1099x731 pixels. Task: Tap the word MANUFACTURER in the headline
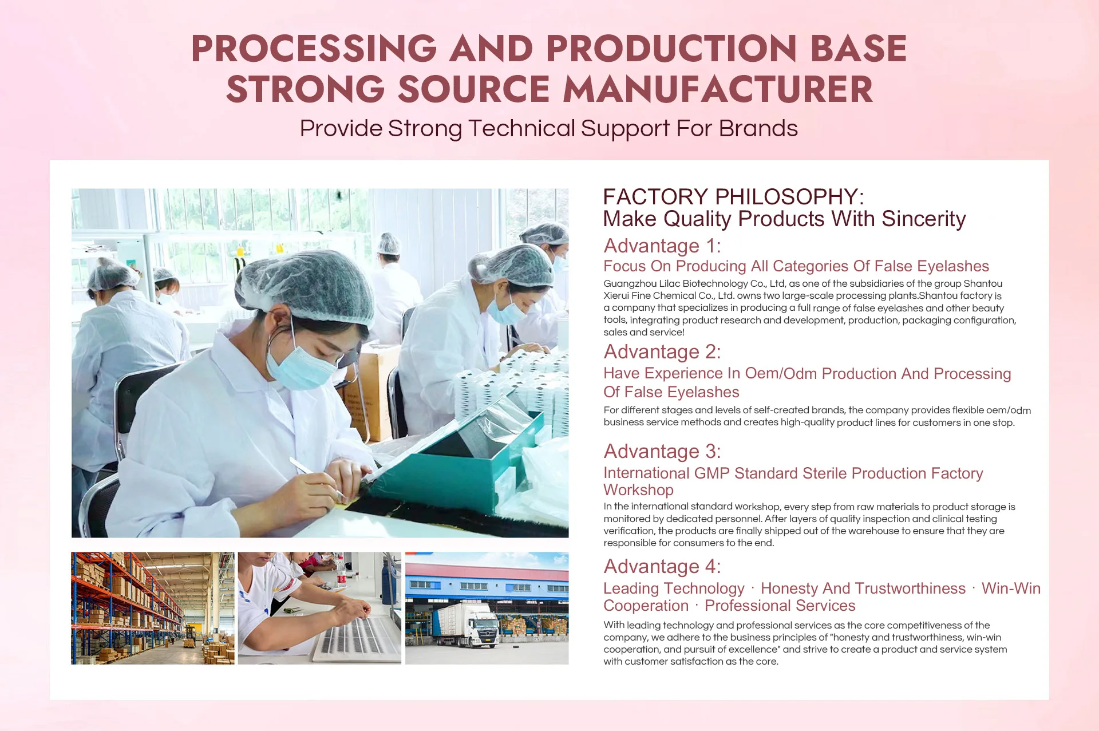(718, 89)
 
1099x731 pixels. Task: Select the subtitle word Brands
(758, 128)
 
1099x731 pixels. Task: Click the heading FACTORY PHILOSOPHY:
(733, 197)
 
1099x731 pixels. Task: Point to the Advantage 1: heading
(662, 246)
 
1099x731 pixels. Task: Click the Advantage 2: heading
(662, 351)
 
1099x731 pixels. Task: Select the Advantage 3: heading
(662, 451)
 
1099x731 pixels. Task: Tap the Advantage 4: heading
(662, 566)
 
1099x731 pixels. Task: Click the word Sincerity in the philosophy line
(923, 219)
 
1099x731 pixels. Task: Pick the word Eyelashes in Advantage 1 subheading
(952, 266)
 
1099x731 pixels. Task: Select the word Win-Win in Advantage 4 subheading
(1011, 588)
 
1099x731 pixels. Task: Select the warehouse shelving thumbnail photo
(153, 608)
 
